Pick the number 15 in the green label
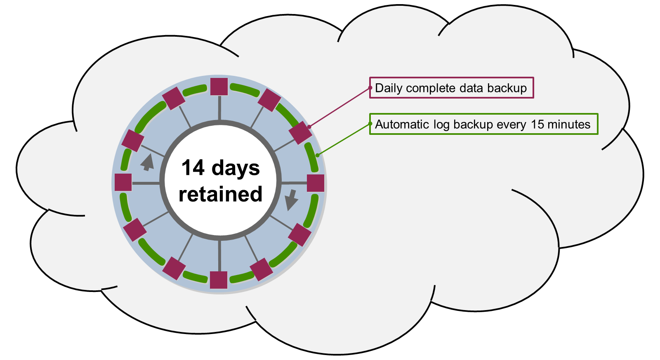tap(537, 125)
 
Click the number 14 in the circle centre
tap(193, 168)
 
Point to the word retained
tap(220, 194)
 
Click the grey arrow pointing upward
tap(147, 162)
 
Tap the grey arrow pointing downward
tap(291, 200)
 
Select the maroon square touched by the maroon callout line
tap(300, 132)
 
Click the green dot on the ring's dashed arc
tap(317, 155)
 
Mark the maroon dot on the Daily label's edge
tap(370, 88)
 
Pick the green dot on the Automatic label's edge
tap(370, 124)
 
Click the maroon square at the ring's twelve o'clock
tap(219, 87)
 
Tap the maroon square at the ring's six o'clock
tap(219, 280)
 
